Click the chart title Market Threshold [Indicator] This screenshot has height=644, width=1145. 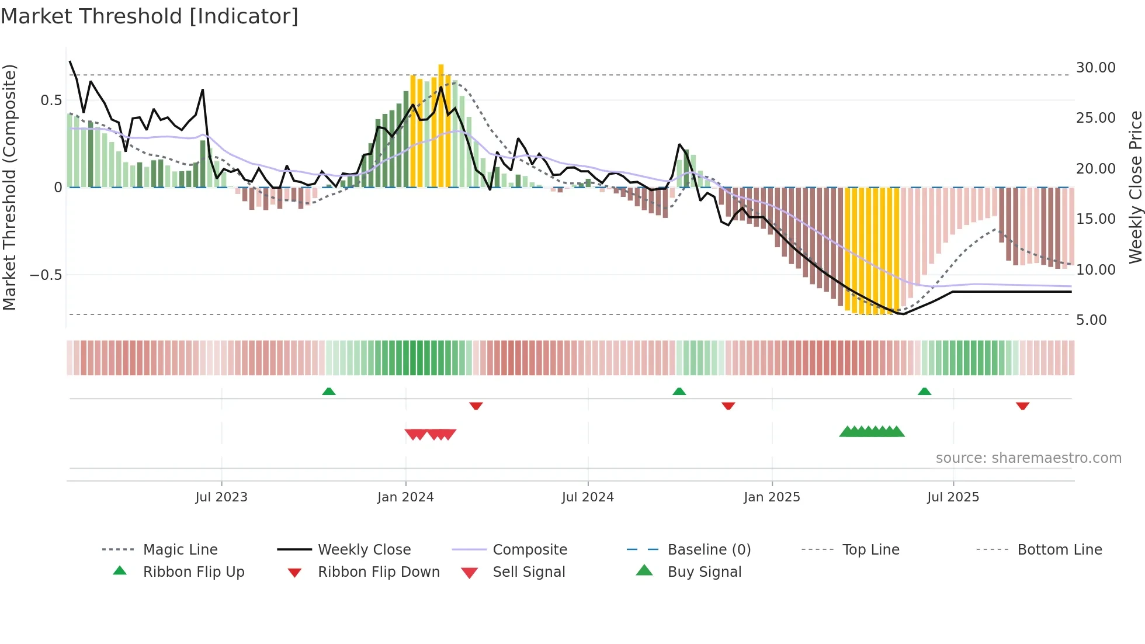point(150,16)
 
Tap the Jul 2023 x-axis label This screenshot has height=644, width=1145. point(221,497)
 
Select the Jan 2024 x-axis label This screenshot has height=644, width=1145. point(405,497)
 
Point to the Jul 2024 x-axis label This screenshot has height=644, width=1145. point(588,497)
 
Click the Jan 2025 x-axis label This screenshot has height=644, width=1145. point(772,497)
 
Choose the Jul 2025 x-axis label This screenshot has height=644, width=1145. point(953,497)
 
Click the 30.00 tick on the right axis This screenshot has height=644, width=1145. point(1095,68)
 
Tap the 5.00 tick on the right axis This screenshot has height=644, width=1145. point(1091,320)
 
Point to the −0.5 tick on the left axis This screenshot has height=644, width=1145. point(46,275)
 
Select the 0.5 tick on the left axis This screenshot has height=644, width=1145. point(51,101)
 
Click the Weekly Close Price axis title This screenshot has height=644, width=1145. point(1135,187)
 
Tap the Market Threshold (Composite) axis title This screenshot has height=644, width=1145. point(9,187)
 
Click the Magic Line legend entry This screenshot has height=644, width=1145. point(180,550)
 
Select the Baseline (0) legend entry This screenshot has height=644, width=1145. point(709,550)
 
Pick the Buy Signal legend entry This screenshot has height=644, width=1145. point(704,572)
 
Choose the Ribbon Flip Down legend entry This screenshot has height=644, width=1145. point(378,572)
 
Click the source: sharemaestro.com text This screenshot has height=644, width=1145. point(1028,458)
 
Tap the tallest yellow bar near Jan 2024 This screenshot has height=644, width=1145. point(441,126)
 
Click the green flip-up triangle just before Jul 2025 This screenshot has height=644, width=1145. point(924,392)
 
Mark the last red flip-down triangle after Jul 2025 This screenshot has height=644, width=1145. point(1022,406)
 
